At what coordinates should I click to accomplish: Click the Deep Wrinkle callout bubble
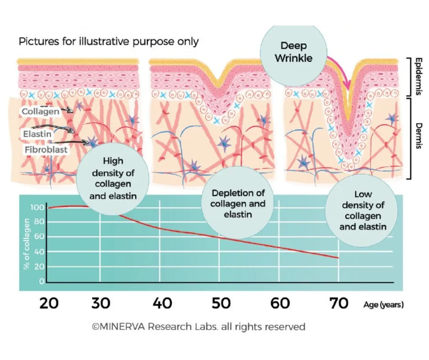point(294,53)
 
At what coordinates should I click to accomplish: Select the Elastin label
point(37,134)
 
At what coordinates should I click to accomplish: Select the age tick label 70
point(339,303)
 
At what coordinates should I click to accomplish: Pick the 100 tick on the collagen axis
point(38,208)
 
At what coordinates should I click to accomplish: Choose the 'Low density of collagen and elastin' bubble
point(363,210)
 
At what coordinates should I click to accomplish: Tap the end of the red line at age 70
point(338,258)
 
